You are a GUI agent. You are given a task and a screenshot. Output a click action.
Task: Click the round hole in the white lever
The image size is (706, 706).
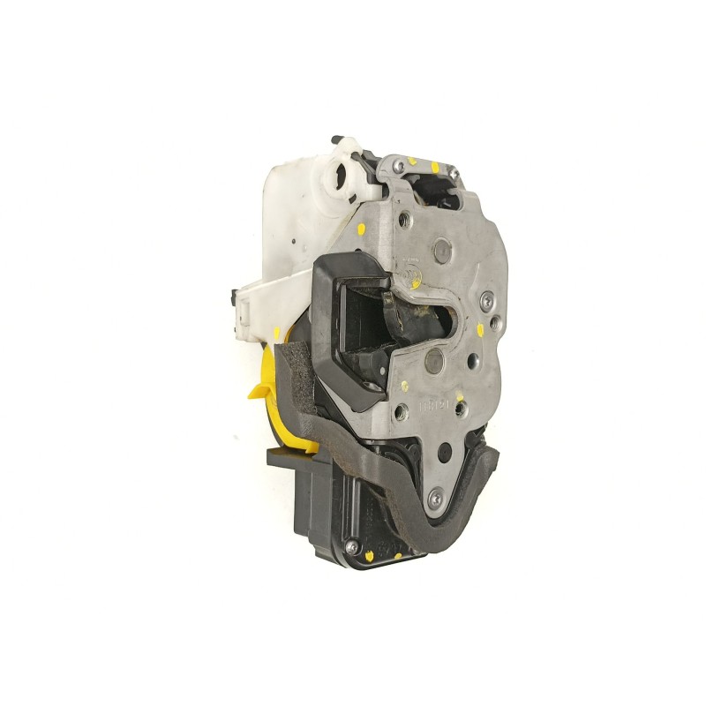pyautogui.click(x=338, y=174)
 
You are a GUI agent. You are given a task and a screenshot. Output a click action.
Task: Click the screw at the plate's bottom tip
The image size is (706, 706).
pyautogui.click(x=434, y=499)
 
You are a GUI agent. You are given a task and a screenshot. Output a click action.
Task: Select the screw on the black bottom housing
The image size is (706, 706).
pyautogui.click(x=351, y=545)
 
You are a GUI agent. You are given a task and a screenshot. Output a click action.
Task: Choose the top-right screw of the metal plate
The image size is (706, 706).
pyautogui.click(x=451, y=175)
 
